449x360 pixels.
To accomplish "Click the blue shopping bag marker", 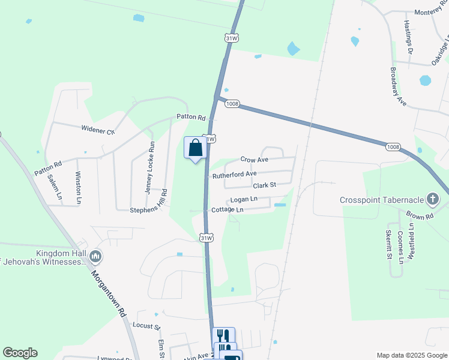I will pyautogui.click(x=195, y=148).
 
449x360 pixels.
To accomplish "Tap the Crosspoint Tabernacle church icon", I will pyautogui.click(x=432, y=200).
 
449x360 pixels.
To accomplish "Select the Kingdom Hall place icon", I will pyautogui.click(x=95, y=257).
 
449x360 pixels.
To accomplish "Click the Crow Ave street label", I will pyautogui.click(x=255, y=160).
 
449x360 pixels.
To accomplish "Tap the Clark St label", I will pyautogui.click(x=264, y=185).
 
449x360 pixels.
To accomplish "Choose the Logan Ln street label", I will pyautogui.click(x=244, y=199).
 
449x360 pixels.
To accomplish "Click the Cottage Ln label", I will pyautogui.click(x=228, y=210).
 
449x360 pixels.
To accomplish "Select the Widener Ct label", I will pyautogui.click(x=98, y=129).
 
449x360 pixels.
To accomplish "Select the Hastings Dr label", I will pyautogui.click(x=409, y=36).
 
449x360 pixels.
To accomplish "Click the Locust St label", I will pyautogui.click(x=146, y=327).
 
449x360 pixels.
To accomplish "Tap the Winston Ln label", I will pyautogui.click(x=79, y=185).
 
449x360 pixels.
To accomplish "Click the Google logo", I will pyautogui.click(x=20, y=353).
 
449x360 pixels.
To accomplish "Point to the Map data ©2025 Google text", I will pyautogui.click(x=411, y=355).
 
